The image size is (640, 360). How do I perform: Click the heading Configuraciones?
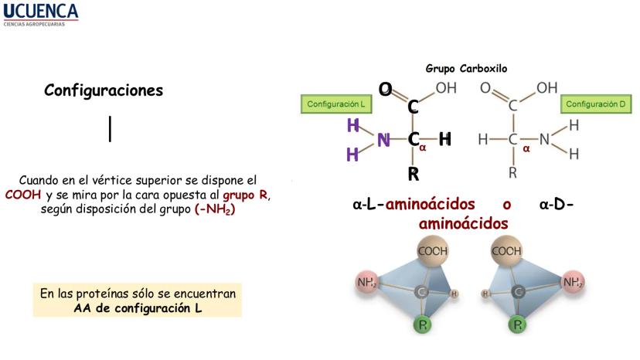point(104,90)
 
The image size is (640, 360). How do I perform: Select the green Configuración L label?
point(335,104)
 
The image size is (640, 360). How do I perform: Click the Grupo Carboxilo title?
point(466,68)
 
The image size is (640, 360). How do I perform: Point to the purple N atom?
point(383,140)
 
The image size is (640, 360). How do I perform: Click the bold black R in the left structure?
point(414,174)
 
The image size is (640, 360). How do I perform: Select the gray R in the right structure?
point(512,173)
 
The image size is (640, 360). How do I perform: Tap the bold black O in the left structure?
point(385,90)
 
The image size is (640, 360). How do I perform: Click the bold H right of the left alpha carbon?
point(444,140)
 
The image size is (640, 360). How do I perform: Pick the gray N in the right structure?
point(544,140)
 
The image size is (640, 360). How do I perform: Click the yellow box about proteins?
point(138,301)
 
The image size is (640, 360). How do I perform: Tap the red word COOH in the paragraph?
point(22,195)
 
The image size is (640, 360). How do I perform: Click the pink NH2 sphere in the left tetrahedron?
point(366,283)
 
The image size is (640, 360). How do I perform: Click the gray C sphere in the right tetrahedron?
point(517,291)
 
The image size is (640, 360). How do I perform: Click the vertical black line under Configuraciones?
point(111,128)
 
